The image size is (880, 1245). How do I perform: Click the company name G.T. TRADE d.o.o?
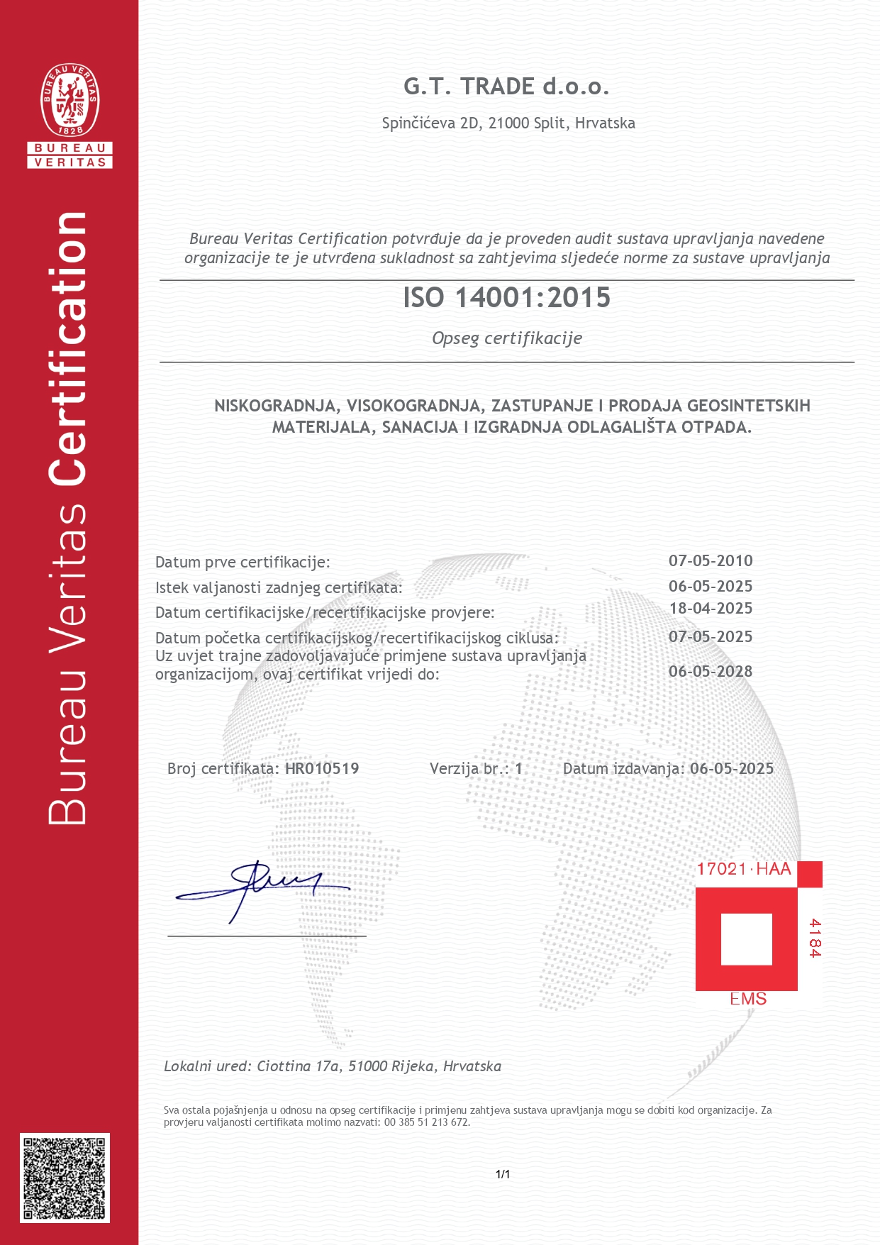506,87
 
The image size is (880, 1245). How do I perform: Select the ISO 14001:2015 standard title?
506,298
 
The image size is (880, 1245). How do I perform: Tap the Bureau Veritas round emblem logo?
69,100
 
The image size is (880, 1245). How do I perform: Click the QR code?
65,1178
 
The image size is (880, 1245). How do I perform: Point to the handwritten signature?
262,887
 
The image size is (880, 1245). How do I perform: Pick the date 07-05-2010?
711,561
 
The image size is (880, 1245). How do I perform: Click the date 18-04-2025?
711,609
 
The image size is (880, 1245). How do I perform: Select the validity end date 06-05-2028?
711,672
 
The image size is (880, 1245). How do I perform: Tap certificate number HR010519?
322,769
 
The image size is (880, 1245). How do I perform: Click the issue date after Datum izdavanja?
732,769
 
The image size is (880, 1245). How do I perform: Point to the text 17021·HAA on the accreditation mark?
743,870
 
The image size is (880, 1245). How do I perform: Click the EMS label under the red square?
748,999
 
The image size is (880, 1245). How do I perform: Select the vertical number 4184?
814,938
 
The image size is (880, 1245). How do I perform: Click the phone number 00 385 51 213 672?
427,1122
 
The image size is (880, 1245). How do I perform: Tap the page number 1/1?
503,1175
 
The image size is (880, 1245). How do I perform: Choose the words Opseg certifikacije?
507,338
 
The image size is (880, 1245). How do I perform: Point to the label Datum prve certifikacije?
243,563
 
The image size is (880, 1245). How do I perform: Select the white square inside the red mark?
746,939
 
